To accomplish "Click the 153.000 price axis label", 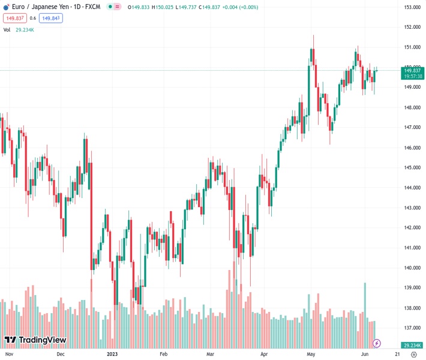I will [411, 7].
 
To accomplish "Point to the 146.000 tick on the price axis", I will [411, 148].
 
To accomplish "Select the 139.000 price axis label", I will [411, 288].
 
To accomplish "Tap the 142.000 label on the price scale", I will [411, 227].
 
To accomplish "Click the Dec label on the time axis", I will [60, 355].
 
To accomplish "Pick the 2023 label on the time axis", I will [113, 355].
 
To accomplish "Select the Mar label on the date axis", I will [211, 355].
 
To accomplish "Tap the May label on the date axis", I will [311, 355].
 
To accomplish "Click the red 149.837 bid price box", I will [14, 18].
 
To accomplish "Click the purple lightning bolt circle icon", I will [377, 343].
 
